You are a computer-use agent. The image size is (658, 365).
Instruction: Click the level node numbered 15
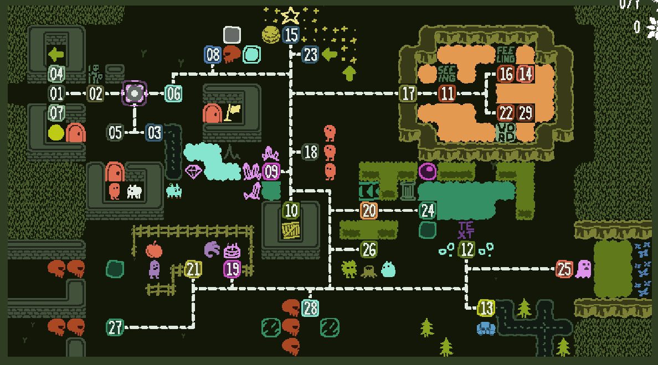[291, 35]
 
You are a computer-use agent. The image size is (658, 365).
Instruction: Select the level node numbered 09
[271, 171]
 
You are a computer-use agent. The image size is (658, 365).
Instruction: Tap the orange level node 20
[369, 210]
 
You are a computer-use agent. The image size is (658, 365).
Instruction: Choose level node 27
[115, 327]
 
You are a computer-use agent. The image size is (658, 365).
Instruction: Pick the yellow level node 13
[486, 307]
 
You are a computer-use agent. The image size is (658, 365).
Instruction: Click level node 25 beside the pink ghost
[564, 269]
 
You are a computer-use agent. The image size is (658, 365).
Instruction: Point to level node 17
[408, 93]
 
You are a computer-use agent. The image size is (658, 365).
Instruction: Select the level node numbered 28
[310, 308]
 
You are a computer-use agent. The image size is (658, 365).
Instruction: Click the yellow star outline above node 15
[290, 15]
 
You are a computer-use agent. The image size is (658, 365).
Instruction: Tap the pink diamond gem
[193, 171]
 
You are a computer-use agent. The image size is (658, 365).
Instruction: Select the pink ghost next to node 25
[583, 269]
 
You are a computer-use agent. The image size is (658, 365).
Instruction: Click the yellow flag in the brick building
[233, 112]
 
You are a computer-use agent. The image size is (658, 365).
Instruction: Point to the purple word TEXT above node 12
[466, 230]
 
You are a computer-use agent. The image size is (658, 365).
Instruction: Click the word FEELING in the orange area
[506, 54]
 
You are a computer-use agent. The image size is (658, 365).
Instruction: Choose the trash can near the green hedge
[408, 190]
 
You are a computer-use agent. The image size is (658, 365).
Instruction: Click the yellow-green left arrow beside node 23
[330, 54]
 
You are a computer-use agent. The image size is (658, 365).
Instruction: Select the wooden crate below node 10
[291, 230]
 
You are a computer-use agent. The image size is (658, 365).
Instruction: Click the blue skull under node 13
[486, 328]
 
